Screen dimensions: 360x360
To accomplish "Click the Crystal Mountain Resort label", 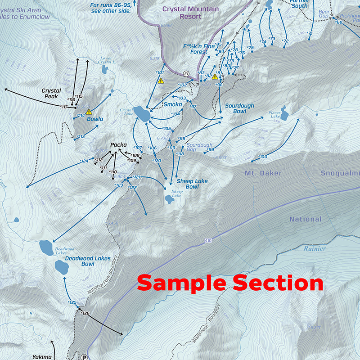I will coord(190,13).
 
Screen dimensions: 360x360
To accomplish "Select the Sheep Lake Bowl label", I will coord(192,184).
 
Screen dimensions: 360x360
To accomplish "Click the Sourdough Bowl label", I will coord(239,108).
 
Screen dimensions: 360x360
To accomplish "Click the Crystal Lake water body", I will coord(142,114).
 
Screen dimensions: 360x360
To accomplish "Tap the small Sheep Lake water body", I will coord(169,199).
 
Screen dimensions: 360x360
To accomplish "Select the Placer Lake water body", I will coord(285,111).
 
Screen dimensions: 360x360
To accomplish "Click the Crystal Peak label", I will coord(51,93).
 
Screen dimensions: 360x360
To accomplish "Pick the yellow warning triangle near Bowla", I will coord(89,111).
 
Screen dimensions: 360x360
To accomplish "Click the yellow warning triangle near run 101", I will coord(161,81).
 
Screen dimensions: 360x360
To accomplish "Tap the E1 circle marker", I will coord(186,73).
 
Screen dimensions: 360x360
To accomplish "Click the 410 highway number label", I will coord(208,242).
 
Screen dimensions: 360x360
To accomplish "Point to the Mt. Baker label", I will coord(263,173).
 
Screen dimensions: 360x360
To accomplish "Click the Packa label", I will coord(118,145).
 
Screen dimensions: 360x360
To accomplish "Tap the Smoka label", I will coord(173,104).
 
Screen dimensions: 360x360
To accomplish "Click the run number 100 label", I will coord(263,157).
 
